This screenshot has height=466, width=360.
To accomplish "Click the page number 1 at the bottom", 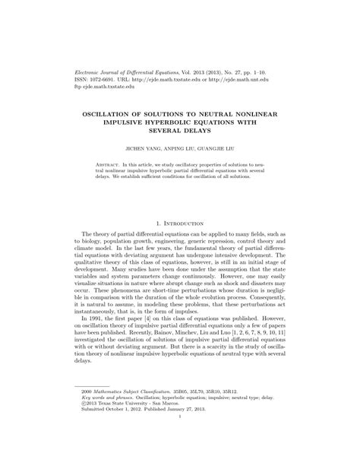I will [180, 438].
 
